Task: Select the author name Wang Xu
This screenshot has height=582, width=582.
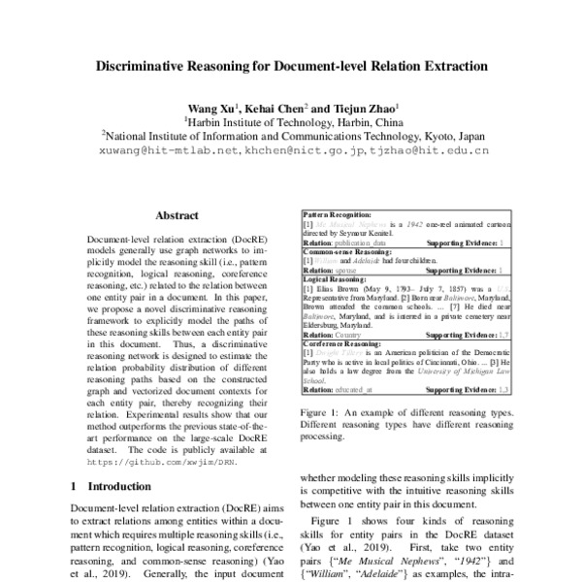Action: pyautogui.click(x=210, y=108)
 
